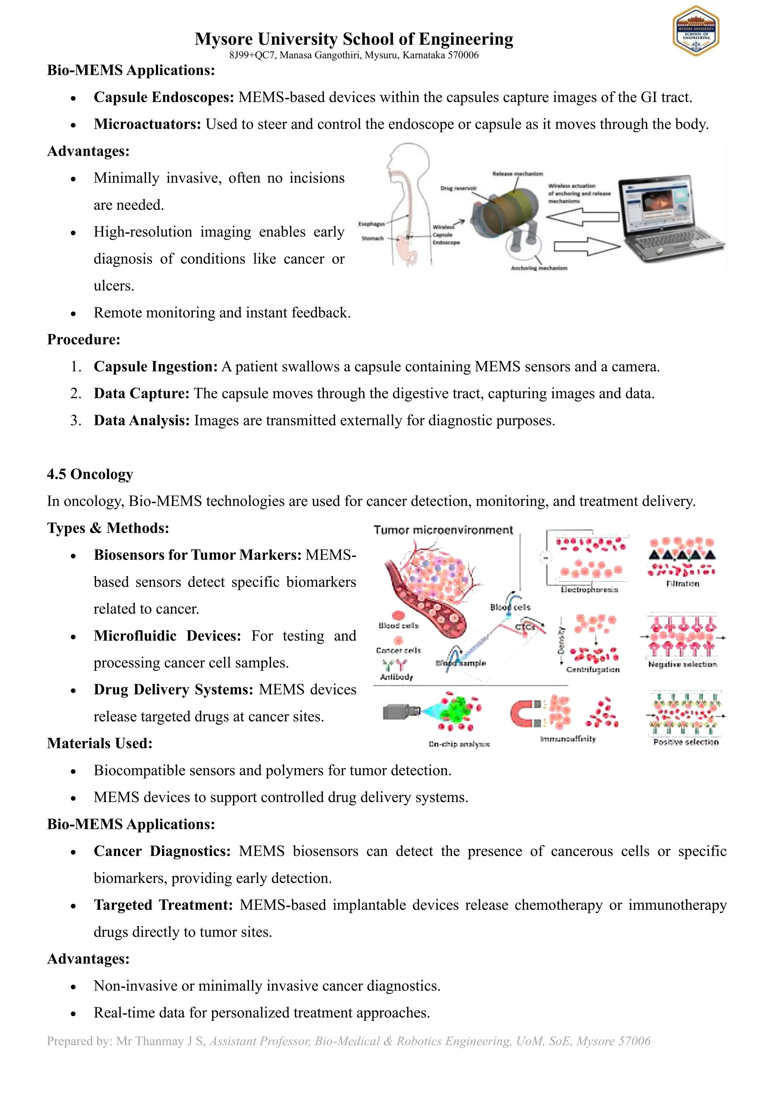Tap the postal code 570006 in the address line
coord(463,55)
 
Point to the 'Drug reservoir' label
coord(458,188)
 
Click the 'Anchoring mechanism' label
coord(539,268)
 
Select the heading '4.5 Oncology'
coord(90,475)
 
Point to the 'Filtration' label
coord(682,584)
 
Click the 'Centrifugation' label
coord(593,670)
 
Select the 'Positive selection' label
coord(685,742)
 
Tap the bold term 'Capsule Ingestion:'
coord(155,367)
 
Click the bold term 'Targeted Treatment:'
coord(163,905)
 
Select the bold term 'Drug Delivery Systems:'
coord(173,690)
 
